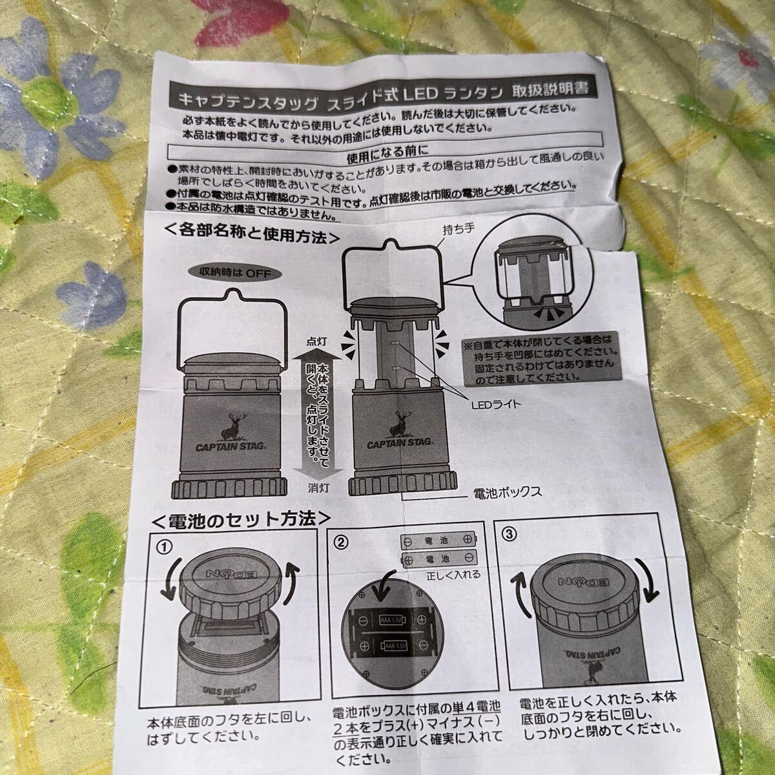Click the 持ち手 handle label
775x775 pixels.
[459, 229]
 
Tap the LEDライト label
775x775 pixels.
[495, 404]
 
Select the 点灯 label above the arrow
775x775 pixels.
[316, 342]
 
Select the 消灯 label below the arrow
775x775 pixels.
[318, 488]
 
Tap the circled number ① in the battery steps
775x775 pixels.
[165, 548]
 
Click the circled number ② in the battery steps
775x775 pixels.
[341, 543]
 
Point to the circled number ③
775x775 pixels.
[510, 534]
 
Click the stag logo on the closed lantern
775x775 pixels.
[232, 426]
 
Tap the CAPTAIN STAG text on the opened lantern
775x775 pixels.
[400, 444]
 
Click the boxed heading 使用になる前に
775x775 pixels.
[387, 155]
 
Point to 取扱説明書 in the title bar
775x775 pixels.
[550, 90]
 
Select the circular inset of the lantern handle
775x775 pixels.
[531, 285]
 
